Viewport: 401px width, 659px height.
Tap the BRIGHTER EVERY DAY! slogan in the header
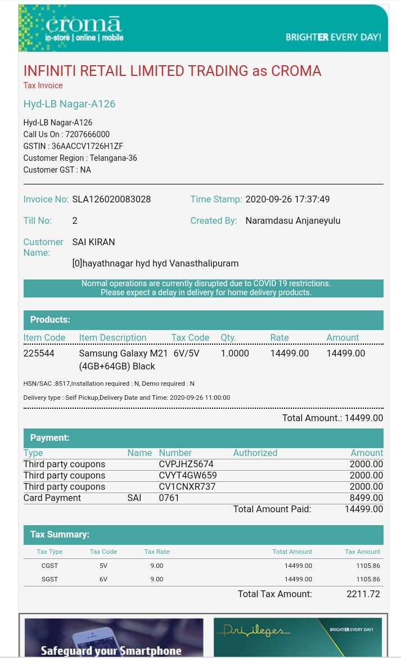[x=333, y=37]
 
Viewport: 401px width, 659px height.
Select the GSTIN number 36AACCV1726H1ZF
[x=87, y=146]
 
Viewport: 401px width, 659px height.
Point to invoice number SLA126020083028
[x=111, y=199]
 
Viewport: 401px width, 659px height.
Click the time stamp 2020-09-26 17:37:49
[x=287, y=199]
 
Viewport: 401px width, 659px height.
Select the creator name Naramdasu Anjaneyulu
[x=292, y=220]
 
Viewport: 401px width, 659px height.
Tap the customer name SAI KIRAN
[x=93, y=242]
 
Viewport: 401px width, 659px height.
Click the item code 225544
[x=39, y=353]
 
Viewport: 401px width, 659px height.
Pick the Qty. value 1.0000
[x=235, y=353]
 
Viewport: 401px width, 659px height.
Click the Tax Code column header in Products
[x=190, y=337]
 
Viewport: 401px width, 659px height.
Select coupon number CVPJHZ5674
[x=186, y=464]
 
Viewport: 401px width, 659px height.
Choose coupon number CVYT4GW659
[x=188, y=475]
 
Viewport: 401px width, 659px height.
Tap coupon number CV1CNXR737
[x=187, y=486]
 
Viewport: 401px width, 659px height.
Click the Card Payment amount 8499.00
[x=366, y=498]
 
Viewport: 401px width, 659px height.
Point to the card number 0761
[x=169, y=498]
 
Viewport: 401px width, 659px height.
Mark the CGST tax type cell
[x=49, y=566]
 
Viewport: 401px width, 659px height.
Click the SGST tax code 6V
[x=103, y=579]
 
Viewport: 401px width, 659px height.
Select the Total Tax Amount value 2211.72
[x=363, y=594]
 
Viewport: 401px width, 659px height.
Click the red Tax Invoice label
[x=43, y=85]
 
